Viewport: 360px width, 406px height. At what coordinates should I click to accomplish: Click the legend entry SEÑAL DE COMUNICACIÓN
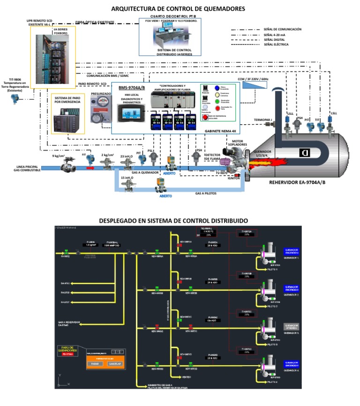point(282,29)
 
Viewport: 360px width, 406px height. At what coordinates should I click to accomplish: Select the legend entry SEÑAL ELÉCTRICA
point(276,45)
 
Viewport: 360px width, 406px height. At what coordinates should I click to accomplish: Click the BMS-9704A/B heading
point(132,88)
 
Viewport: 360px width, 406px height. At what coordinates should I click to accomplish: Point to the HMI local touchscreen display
point(131,114)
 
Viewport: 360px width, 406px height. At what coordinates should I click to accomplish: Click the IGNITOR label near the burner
point(234,178)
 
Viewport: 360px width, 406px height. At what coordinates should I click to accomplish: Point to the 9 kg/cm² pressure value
point(58,156)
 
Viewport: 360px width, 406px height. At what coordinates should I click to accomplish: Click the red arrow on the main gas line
point(90,167)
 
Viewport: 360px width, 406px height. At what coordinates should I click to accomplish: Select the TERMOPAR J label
point(262,120)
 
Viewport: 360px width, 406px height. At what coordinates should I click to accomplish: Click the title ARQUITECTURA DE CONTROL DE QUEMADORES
point(178,8)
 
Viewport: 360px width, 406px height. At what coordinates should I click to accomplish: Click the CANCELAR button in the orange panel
point(114,363)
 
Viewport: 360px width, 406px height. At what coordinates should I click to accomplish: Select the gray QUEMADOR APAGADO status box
point(292,325)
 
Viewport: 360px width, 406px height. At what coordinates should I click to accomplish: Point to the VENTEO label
point(187,377)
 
